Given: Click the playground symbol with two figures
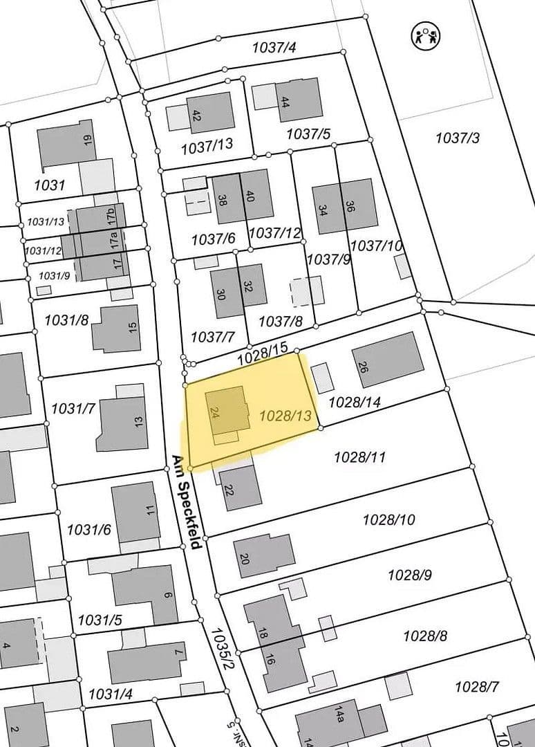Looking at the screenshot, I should (426, 35).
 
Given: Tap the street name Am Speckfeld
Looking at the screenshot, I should (185, 501).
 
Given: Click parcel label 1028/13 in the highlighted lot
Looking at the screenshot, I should (285, 416).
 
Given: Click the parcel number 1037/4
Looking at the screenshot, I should (274, 48).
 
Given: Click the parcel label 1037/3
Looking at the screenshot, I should (457, 138).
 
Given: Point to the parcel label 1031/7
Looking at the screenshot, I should (73, 409).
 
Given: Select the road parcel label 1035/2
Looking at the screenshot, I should (225, 647).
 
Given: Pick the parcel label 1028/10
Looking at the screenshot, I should (389, 519).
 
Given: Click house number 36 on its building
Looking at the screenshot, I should (350, 206).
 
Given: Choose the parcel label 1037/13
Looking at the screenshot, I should (207, 147).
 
